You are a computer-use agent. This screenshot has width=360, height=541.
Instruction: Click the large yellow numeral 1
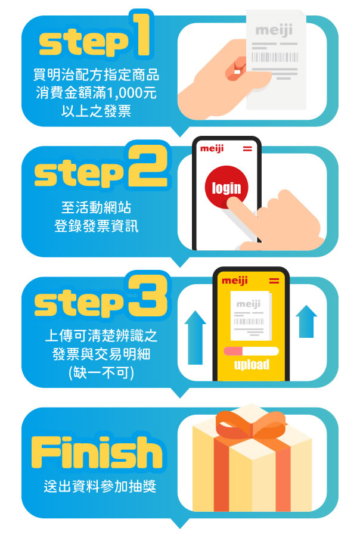[141, 34]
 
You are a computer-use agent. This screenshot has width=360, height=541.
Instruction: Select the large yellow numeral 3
[148, 296]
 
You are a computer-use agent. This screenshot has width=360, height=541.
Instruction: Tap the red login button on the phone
[226, 187]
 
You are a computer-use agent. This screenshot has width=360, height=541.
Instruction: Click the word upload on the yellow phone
[252, 365]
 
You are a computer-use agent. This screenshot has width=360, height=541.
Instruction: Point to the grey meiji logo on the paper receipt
[274, 30]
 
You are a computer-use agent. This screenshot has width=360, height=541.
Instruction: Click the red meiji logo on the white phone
[212, 149]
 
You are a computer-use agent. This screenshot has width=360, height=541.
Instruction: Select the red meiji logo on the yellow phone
[235, 281]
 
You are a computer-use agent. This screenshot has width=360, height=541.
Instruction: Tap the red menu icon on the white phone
[247, 149]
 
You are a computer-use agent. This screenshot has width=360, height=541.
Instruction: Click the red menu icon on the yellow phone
[274, 281]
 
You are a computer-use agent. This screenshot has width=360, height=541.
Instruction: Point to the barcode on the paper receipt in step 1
[275, 57]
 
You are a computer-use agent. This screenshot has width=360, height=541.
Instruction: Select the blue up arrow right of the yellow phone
[306, 321]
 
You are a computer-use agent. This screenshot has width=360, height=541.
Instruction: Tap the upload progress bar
[251, 352]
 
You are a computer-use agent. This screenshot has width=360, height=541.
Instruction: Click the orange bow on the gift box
[251, 424]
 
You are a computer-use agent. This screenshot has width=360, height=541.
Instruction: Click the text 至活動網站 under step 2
[97, 208]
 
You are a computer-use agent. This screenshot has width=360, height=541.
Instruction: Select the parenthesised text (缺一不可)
[101, 372]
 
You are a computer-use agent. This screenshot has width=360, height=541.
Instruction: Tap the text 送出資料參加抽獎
[100, 487]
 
